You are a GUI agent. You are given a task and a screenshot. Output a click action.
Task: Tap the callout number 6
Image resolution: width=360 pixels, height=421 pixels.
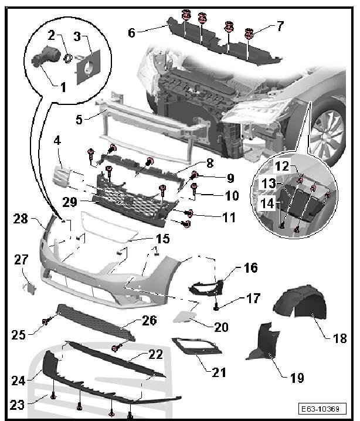click(131, 33)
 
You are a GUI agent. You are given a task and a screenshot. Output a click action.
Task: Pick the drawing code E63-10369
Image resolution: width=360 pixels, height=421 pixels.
click(324, 409)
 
